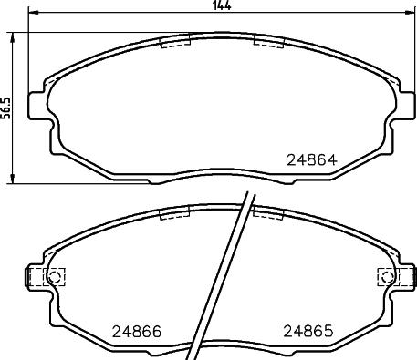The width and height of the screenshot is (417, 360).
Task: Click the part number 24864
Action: [312, 159]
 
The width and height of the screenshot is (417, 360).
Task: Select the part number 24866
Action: [137, 332]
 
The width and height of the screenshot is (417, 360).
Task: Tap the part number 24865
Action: [308, 331]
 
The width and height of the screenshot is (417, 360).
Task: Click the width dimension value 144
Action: [222, 5]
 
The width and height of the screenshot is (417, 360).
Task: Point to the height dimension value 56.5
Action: [5, 108]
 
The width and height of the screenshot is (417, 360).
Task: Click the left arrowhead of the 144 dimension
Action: [32, 13]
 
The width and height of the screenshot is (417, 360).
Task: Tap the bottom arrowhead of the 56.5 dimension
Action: [12, 179]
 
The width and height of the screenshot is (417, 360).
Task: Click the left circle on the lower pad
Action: [55, 277]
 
